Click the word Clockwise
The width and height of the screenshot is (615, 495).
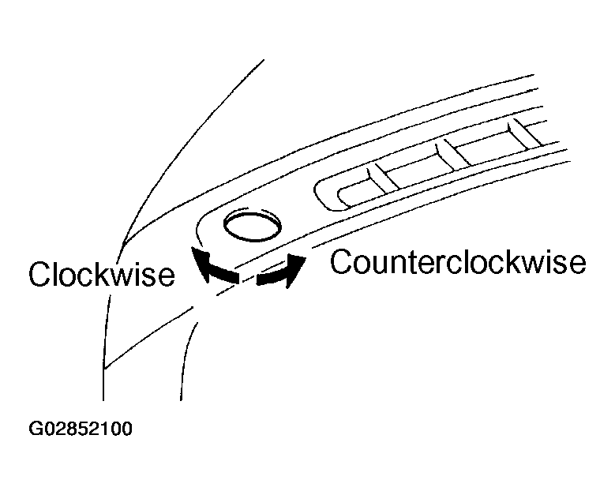coord(102,273)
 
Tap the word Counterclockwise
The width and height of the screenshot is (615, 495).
coord(458,261)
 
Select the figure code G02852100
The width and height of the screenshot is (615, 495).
coord(81,429)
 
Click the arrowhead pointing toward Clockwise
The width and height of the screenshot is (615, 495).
coord(200,263)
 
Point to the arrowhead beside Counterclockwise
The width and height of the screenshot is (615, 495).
coord(296,269)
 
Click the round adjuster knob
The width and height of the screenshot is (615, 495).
coord(253,226)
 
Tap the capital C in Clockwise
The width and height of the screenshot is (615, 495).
coord(39,274)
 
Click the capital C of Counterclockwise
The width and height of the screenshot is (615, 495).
coord(340,261)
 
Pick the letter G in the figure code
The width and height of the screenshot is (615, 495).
coord(36,429)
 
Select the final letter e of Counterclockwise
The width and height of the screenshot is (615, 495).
coord(578,265)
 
